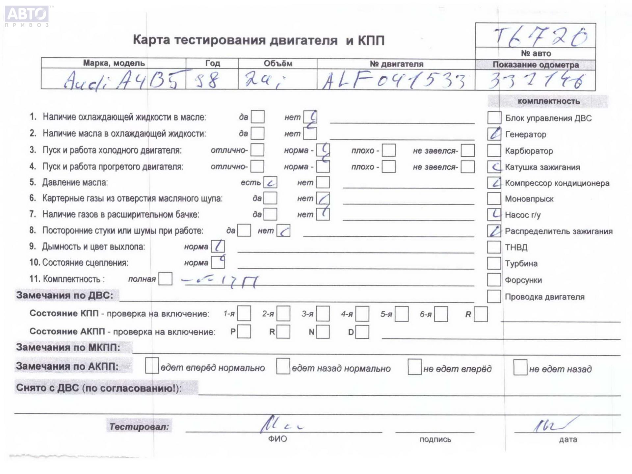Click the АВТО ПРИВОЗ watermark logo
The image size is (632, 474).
27,16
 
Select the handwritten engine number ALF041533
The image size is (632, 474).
393,81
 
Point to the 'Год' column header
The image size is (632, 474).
212,63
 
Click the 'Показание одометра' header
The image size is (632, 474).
536,65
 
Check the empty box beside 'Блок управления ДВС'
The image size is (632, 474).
494,118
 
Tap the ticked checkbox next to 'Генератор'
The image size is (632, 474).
494,134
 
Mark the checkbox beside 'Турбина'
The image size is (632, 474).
494,263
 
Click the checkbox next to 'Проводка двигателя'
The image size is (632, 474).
494,297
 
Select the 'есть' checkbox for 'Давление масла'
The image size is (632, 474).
270,182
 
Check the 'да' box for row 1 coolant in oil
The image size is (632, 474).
257,117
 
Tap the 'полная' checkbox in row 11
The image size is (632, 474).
165,279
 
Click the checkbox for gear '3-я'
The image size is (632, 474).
323,314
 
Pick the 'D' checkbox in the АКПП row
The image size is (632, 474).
362,332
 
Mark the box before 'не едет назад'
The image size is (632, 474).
520,367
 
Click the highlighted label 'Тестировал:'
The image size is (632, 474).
139,427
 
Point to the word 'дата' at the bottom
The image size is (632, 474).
568,439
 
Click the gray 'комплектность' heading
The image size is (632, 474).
548,101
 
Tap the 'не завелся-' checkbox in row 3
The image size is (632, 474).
467,150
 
